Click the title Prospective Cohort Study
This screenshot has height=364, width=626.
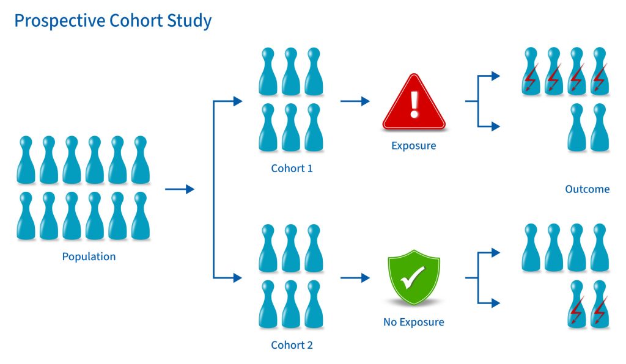pyautogui.click(x=112, y=21)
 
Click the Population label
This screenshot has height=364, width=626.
pyautogui.click(x=89, y=257)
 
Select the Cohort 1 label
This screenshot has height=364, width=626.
pyautogui.click(x=292, y=168)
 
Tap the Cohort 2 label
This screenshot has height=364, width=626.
pyautogui.click(x=292, y=345)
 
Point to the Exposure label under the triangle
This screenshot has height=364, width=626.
pyautogui.click(x=414, y=146)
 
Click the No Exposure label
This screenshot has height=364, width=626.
pyautogui.click(x=414, y=322)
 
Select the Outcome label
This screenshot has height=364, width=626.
pyautogui.click(x=587, y=189)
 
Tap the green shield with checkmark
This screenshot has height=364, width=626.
pyautogui.click(x=414, y=280)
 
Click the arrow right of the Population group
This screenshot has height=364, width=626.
pyautogui.click(x=180, y=189)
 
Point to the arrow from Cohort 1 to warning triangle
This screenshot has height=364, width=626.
pyautogui.click(x=355, y=101)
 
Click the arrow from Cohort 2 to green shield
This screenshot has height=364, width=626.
pyautogui.click(x=355, y=278)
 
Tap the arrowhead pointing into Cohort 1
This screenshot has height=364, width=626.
pyautogui.click(x=238, y=101)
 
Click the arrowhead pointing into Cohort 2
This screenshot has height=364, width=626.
pyautogui.click(x=238, y=278)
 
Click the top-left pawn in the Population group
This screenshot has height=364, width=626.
pyautogui.click(x=26, y=159)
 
